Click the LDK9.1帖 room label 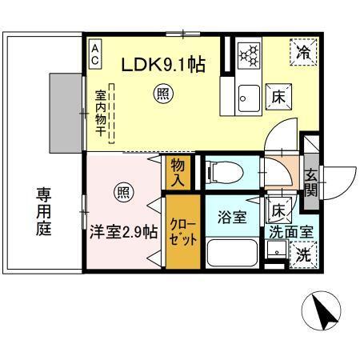163,64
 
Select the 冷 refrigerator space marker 304,54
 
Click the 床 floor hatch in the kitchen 278,95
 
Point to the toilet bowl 224,172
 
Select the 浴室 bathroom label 232,217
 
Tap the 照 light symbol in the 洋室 123,193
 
